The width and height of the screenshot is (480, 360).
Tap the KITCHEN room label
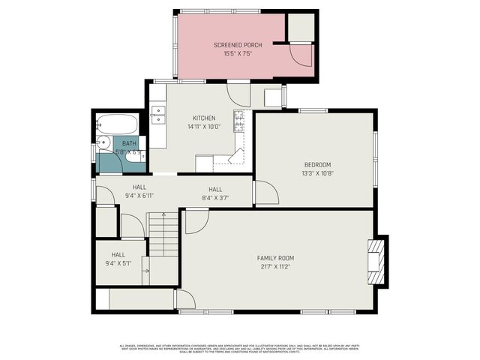point(204,118)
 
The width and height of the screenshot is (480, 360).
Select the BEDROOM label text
point(317,165)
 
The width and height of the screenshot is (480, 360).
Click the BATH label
point(130,143)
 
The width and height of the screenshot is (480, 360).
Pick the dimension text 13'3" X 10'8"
point(317,174)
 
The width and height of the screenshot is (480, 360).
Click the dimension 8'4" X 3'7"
point(215,197)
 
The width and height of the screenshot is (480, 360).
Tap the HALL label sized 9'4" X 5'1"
point(118,254)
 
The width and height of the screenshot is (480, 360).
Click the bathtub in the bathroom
point(118,124)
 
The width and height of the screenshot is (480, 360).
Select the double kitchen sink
point(158,114)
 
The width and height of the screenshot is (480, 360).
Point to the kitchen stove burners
point(240,121)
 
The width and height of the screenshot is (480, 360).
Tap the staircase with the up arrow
point(163,234)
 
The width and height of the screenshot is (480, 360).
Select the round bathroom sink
point(103,143)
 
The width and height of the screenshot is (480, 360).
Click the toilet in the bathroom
point(134,154)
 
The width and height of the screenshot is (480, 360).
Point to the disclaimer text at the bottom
point(240,348)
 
